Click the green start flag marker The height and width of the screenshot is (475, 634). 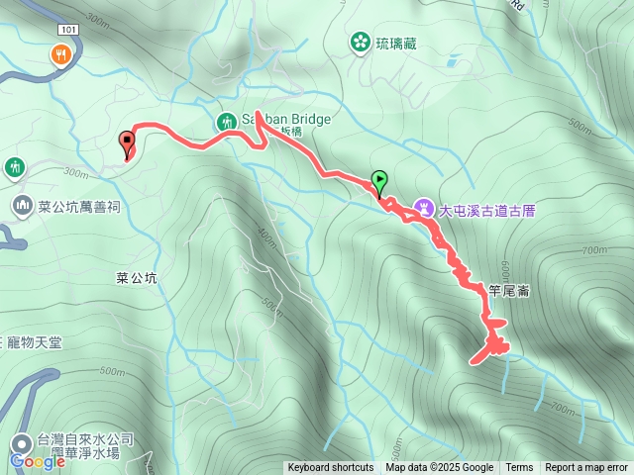click(x=379, y=181)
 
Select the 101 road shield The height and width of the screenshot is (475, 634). click(x=66, y=30)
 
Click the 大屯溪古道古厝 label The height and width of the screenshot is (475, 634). click(x=492, y=210)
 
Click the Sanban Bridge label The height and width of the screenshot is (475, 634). click(x=285, y=120)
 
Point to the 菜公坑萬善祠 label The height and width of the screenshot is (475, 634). click(x=79, y=207)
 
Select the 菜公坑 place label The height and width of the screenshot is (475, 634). click(x=130, y=278)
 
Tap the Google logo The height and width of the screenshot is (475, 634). click(x=38, y=460)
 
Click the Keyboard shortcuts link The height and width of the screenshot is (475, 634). click(x=331, y=468)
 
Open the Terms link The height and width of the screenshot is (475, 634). click(x=519, y=468)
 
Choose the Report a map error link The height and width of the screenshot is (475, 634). click(x=587, y=468)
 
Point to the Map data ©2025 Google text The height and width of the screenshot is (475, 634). click(x=439, y=468)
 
